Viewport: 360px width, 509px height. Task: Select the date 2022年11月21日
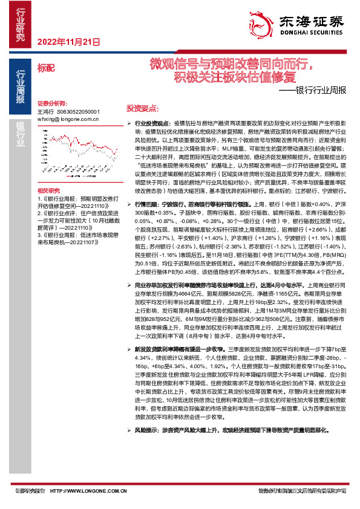68,42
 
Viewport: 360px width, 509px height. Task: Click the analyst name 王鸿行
46,112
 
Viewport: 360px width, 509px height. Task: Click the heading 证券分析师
51,103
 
